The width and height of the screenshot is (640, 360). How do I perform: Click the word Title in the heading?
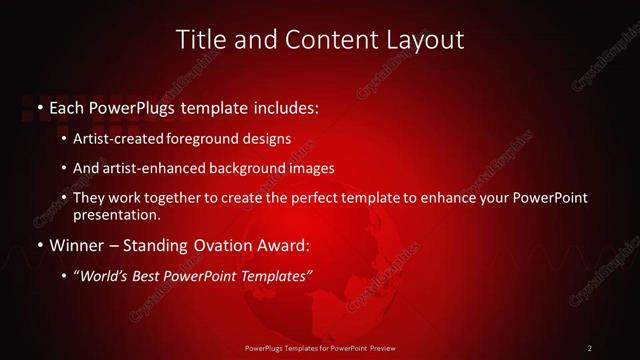click(x=198, y=40)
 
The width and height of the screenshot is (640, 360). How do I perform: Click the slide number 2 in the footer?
click(x=590, y=348)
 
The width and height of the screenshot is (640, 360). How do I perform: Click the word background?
click(x=246, y=169)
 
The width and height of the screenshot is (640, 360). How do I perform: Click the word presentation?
click(x=116, y=215)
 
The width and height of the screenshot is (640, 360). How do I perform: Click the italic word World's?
click(x=103, y=277)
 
